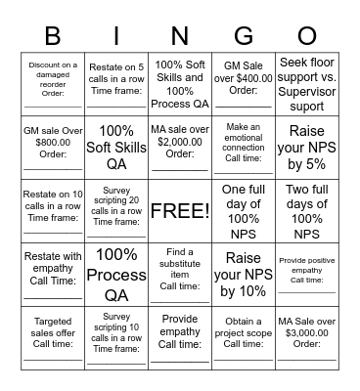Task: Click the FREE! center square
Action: point(180,210)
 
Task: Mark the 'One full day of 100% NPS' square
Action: point(244,210)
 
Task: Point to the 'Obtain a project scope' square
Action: point(244,337)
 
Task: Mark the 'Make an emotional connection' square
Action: point(244,147)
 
